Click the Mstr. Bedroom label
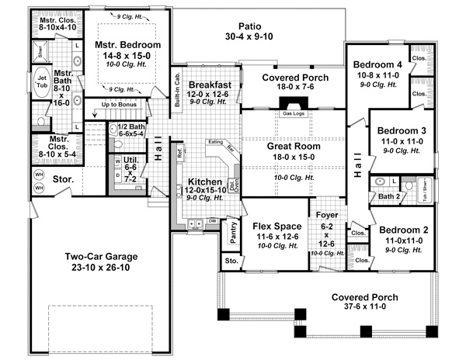click(128, 46)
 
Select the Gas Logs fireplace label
click(294, 114)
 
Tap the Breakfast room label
click(210, 85)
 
